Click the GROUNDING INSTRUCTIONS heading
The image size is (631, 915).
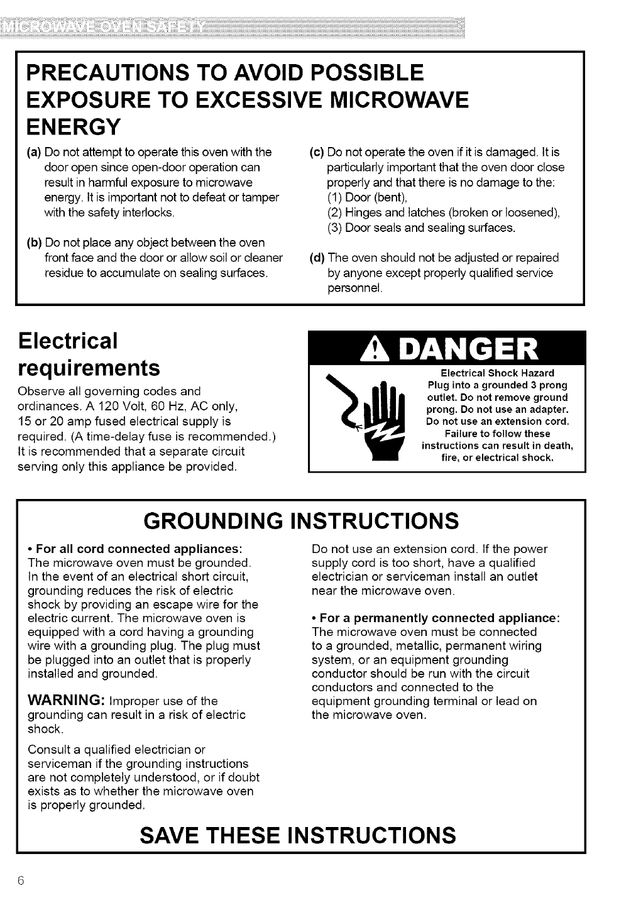[x=301, y=521]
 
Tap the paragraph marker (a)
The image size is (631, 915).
[x=34, y=152]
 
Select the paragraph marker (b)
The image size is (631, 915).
[x=34, y=243]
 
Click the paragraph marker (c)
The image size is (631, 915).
[x=317, y=152]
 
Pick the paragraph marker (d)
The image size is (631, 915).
[x=317, y=258]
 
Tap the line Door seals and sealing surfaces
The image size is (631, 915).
[x=421, y=227]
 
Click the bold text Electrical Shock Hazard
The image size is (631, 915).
[x=497, y=373]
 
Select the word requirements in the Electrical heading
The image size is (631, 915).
[x=89, y=366]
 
